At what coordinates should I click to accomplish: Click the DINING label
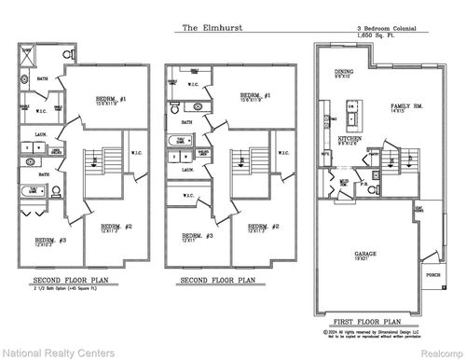pyautogui.click(x=346, y=72)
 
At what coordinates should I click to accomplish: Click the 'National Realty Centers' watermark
pyautogui.click(x=58, y=351)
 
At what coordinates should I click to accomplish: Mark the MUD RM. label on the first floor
pyautogui.click(x=344, y=182)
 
